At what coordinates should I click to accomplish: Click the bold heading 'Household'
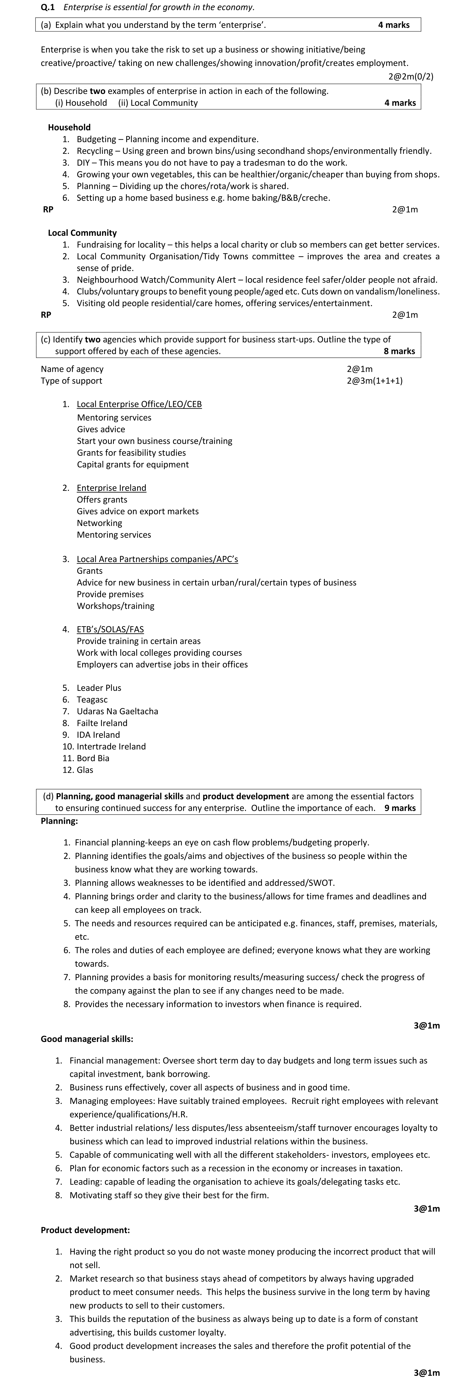coord(69,127)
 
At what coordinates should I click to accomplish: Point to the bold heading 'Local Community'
coord(82,233)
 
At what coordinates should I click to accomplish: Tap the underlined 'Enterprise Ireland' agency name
coord(111,487)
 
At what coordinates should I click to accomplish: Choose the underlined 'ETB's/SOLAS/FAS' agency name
coord(110,629)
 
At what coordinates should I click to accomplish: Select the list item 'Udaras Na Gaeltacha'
coord(117,711)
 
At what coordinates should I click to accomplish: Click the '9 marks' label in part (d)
coord(400,808)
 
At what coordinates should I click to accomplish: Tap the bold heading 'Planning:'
coord(59,821)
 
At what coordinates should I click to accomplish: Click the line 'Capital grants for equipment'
coord(133,464)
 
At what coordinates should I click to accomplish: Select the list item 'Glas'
coord(85,770)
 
